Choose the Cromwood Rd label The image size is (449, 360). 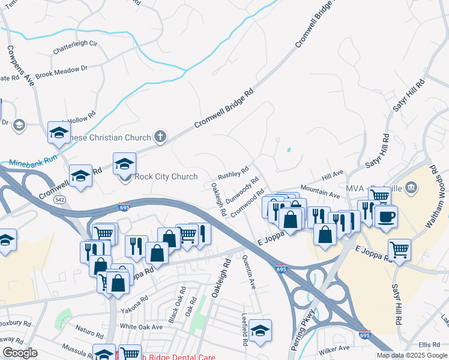click(247, 204)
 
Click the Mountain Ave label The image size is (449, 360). click(321, 193)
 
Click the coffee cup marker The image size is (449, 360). click(387, 216)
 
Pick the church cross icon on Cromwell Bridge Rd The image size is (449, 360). click(160, 137)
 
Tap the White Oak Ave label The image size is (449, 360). click(141, 327)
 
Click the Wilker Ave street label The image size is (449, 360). click(334, 348)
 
